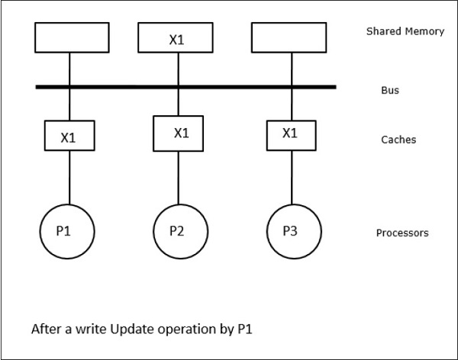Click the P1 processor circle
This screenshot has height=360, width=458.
coord(67,230)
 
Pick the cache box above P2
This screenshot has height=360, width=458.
coord(180,132)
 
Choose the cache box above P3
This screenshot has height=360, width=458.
coord(289,134)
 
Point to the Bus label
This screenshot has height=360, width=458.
coord(390,90)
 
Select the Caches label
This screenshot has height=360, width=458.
coord(398,140)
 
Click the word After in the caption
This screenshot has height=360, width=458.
coord(45,330)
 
